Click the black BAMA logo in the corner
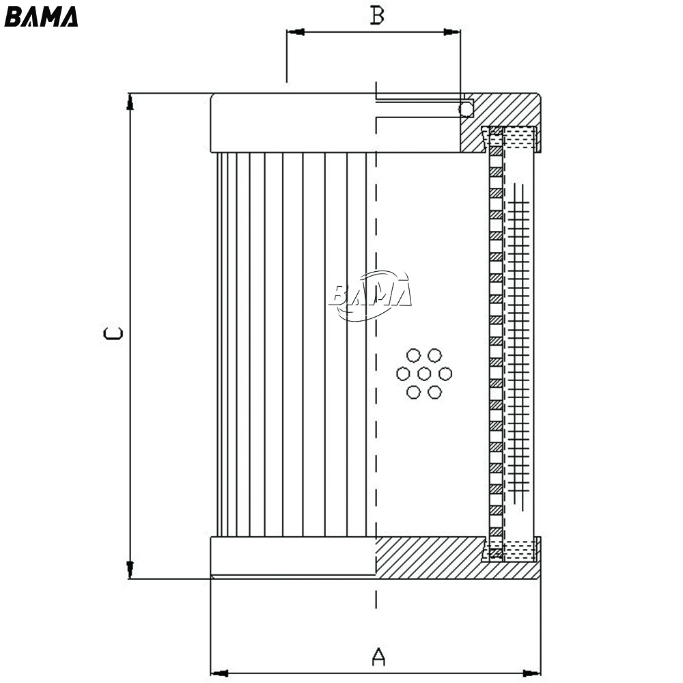click(41, 17)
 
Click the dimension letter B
click(377, 15)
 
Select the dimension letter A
click(378, 656)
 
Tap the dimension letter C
click(113, 333)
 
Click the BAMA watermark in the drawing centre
click(370, 295)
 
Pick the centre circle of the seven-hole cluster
click(424, 374)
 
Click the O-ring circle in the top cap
click(466, 109)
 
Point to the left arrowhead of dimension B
click(295, 32)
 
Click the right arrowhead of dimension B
click(451, 32)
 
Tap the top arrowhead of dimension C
click(129, 102)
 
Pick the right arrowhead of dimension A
click(532, 673)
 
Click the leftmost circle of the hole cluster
click(404, 374)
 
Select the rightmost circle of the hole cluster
click(445, 374)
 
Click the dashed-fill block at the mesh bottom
click(518, 550)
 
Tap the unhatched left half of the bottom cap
click(293, 556)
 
